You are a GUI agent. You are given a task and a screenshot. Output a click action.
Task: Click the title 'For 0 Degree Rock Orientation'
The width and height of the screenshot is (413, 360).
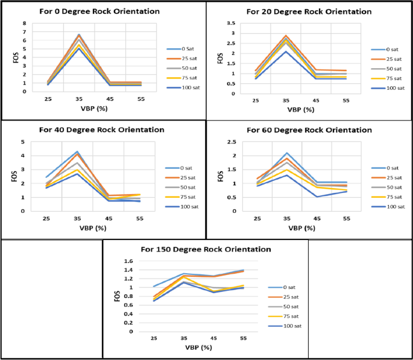pos(99,11)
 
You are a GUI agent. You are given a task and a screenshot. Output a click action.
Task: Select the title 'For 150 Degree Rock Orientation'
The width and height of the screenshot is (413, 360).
pos(206,249)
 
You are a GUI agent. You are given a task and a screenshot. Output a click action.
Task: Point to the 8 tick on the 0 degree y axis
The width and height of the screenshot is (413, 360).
pos(25,24)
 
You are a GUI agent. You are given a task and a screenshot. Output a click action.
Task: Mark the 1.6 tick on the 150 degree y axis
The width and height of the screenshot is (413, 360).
pos(128,262)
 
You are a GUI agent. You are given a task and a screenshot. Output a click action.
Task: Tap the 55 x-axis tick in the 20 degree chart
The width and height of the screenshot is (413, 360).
pos(345,101)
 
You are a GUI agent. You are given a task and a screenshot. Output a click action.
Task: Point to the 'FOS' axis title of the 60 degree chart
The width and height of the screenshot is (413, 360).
pos(219,176)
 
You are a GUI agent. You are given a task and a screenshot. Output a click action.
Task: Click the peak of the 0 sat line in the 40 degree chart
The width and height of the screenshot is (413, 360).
pos(77,151)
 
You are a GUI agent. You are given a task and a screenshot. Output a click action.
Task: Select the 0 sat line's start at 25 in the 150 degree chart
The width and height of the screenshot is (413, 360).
pos(154,286)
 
